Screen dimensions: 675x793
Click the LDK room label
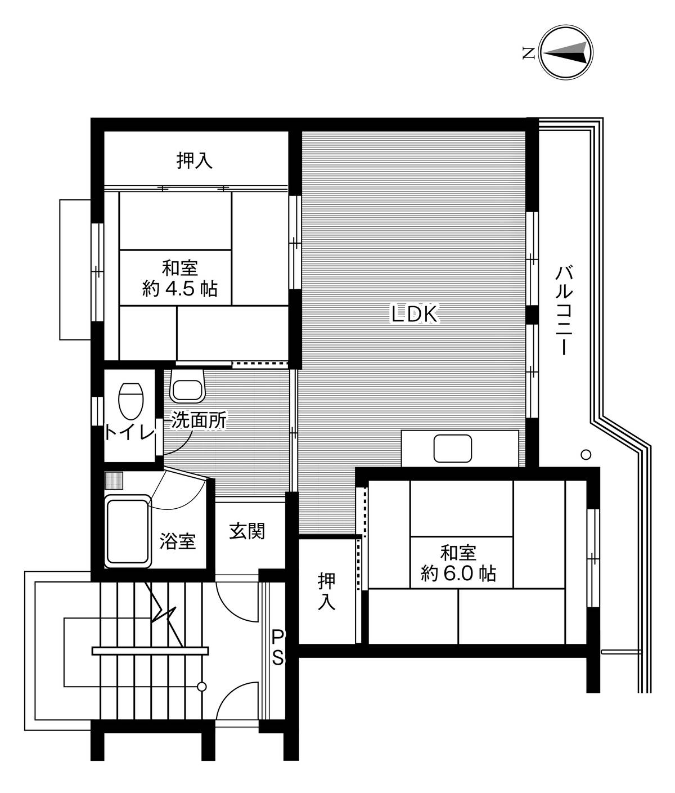(x=415, y=314)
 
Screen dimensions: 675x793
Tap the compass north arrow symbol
(x=566, y=52)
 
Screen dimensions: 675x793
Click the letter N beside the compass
(x=529, y=53)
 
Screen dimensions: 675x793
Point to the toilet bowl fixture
(x=130, y=401)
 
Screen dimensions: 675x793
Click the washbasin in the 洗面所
(x=187, y=386)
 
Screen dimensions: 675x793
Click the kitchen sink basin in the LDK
(x=453, y=449)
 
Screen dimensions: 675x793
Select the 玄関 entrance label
(x=247, y=531)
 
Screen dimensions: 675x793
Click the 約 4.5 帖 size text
(x=180, y=289)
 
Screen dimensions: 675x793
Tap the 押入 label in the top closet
(x=195, y=160)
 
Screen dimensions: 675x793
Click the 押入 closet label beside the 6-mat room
(x=326, y=591)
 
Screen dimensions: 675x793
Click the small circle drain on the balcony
(x=586, y=455)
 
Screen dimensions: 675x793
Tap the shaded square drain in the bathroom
(x=114, y=480)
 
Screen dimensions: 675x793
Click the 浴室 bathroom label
(x=178, y=541)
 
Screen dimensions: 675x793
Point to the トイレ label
(x=130, y=433)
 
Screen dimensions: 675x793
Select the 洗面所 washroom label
(x=199, y=420)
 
